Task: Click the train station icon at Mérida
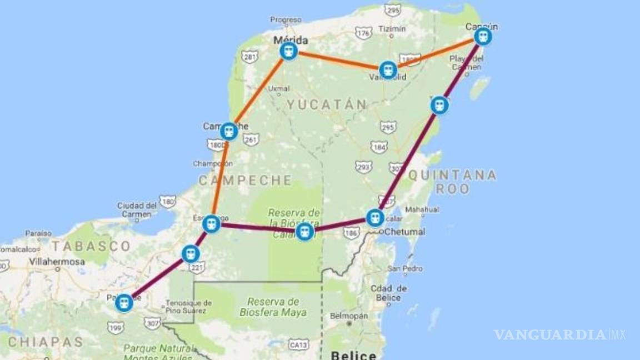click(x=288, y=52)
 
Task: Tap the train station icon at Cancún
click(x=483, y=37)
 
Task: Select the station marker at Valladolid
click(x=388, y=70)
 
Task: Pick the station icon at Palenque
click(x=124, y=303)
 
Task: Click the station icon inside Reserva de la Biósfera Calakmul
click(x=304, y=232)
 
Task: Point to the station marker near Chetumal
click(x=376, y=217)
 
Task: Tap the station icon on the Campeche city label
click(x=229, y=132)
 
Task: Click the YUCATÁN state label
click(x=327, y=104)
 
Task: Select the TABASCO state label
click(x=92, y=246)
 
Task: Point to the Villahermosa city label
click(x=57, y=261)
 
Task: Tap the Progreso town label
click(x=286, y=20)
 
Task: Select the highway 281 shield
click(x=250, y=57)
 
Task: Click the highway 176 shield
click(x=363, y=34)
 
